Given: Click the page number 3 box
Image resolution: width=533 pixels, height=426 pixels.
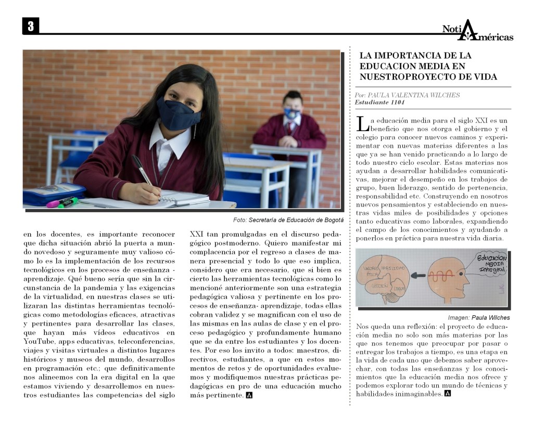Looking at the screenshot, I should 31,26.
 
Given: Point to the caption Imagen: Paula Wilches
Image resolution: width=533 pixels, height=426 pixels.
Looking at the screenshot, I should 479,317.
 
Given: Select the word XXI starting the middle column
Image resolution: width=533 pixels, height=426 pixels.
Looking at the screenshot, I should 196,234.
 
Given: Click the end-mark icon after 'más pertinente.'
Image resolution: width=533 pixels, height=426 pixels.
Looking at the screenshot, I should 249,395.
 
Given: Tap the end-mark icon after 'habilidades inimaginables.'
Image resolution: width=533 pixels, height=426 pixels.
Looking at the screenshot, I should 448,394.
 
